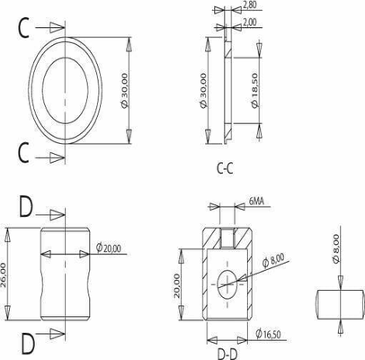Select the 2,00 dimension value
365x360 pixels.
tap(251, 22)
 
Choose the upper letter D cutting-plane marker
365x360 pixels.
tap(25, 211)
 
